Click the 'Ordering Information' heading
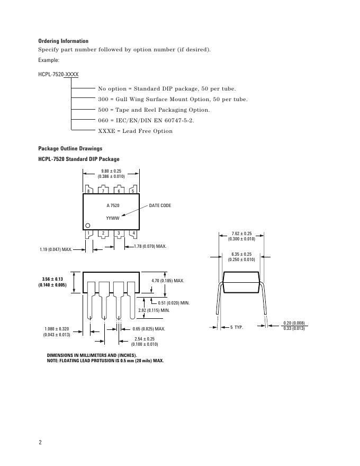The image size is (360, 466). [63, 41]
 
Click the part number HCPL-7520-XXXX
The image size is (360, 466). [58, 75]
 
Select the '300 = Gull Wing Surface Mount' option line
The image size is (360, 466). [173, 100]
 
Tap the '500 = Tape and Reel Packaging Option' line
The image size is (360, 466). [154, 110]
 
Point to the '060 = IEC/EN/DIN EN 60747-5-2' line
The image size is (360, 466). [146, 120]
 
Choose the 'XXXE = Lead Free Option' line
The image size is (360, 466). [135, 131]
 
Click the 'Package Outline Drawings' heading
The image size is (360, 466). [70, 149]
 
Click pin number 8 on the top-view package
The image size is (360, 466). [88, 191]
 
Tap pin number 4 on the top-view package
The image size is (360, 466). [133, 233]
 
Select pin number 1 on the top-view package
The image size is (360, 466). [88, 233]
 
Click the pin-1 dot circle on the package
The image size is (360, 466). [88, 226]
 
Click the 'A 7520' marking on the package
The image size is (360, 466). [113, 205]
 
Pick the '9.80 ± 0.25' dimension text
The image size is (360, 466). [111, 171]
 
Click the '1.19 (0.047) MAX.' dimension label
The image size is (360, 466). [56, 249]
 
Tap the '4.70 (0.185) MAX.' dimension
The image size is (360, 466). [168, 280]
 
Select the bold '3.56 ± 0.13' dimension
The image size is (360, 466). [52, 279]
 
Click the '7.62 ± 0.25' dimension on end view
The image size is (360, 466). [241, 234]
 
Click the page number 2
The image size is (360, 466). [40, 443]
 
